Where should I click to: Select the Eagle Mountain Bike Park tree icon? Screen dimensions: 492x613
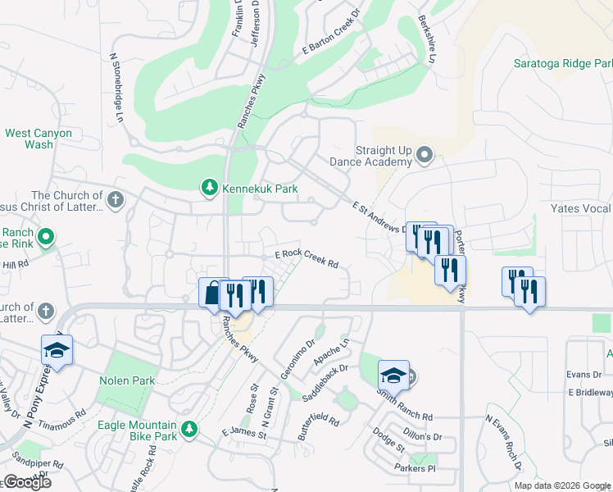pos(189,429)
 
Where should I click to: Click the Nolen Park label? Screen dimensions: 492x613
pos(127,380)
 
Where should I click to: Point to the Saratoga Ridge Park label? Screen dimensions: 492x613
pos(563,63)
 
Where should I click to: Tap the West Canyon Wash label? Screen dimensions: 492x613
pos(39,139)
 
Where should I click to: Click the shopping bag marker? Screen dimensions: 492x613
pos(212,291)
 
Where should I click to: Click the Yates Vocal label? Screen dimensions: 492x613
pos(581,208)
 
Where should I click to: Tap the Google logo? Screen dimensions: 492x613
pos(26,482)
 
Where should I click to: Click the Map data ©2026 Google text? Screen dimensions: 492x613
pos(562,485)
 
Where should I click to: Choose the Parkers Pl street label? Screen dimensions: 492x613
pos(414,468)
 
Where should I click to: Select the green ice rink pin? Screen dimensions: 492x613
pos(47,238)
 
